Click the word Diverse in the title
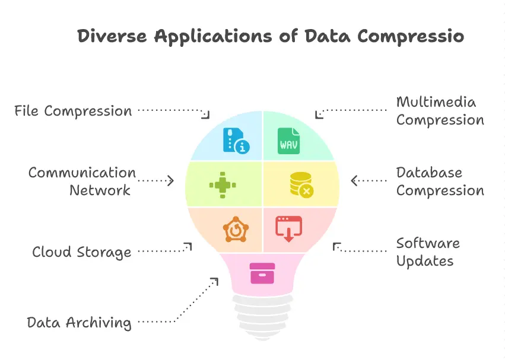(x=113, y=36)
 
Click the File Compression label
(x=73, y=111)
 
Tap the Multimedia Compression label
(x=440, y=111)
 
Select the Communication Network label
(x=82, y=181)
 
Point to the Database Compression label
(x=440, y=181)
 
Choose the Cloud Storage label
(x=81, y=252)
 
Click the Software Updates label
(x=427, y=252)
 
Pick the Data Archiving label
(x=79, y=323)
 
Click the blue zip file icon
(x=235, y=140)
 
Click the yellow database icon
(x=301, y=184)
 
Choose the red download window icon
(x=289, y=228)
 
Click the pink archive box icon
(x=262, y=273)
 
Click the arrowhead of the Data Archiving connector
(x=215, y=280)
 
